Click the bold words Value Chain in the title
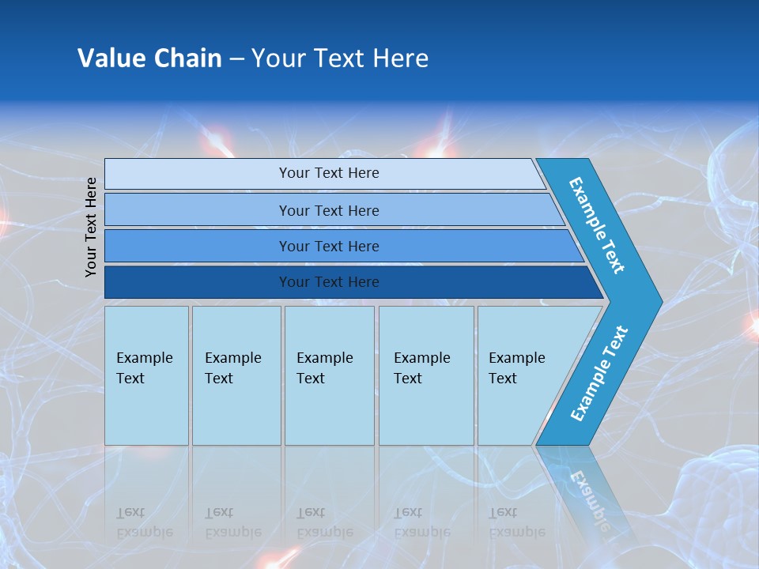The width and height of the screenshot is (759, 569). click(149, 58)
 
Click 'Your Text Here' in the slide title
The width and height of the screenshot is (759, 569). click(340, 58)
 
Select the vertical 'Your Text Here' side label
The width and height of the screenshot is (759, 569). click(91, 227)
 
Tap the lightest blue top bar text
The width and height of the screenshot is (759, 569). click(329, 173)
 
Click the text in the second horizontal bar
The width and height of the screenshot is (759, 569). click(329, 210)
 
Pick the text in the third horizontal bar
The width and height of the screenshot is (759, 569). click(329, 246)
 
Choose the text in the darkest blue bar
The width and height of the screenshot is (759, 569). click(329, 281)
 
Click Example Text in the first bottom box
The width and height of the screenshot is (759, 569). click(144, 368)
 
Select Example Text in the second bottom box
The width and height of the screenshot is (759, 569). click(232, 368)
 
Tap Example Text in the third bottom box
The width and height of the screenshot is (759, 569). click(324, 368)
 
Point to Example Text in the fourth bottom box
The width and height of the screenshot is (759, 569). click(421, 368)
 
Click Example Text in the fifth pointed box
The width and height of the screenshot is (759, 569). click(516, 368)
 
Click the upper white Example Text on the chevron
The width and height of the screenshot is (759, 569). click(597, 225)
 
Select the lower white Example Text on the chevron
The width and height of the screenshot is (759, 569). click(599, 374)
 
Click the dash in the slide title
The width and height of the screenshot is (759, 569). click(236, 58)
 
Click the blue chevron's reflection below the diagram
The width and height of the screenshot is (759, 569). click(589, 490)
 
